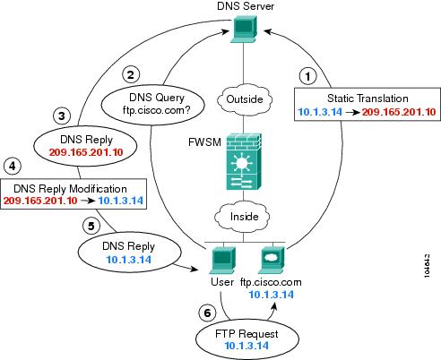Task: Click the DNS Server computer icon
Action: click(x=244, y=29)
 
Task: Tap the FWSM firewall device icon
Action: click(x=244, y=161)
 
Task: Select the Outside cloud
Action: click(x=245, y=99)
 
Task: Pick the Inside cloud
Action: click(x=243, y=216)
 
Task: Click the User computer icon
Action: click(x=222, y=260)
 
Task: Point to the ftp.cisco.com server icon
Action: click(x=272, y=260)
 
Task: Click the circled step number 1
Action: click(x=308, y=76)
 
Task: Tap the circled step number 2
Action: click(x=131, y=74)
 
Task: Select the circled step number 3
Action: click(x=62, y=116)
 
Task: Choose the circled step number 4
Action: click(x=13, y=166)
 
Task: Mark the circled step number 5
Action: click(x=91, y=226)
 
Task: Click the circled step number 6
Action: click(x=207, y=313)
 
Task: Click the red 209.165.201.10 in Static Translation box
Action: click(x=399, y=112)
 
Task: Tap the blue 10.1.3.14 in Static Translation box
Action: click(x=320, y=112)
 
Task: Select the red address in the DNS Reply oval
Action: click(x=86, y=152)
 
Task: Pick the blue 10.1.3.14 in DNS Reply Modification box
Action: click(x=121, y=201)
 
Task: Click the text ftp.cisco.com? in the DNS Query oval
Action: click(x=156, y=110)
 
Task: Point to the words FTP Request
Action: click(x=246, y=334)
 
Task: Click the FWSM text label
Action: click(x=204, y=142)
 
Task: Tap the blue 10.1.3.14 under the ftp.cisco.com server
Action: click(x=272, y=295)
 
